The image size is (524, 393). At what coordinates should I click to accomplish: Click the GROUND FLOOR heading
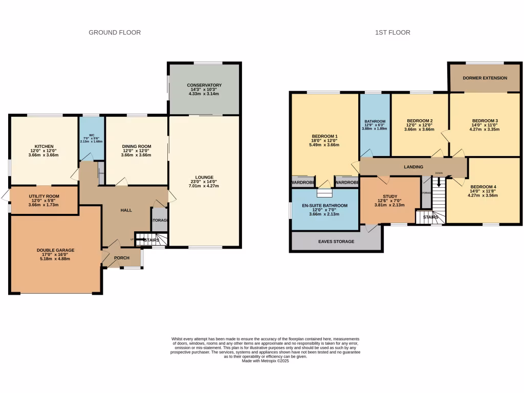tap(115, 33)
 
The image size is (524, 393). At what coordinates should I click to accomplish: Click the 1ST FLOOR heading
tap(392, 33)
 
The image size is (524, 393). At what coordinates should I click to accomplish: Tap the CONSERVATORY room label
tap(204, 85)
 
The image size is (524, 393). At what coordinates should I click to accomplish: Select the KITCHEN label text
tap(41, 147)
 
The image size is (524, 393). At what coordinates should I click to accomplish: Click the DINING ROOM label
tap(136, 147)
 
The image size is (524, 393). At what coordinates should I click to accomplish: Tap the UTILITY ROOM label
tap(43, 196)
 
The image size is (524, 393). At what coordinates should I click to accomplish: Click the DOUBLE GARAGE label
tap(55, 250)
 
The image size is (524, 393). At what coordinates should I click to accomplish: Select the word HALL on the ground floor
tap(126, 210)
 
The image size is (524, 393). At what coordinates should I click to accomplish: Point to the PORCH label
tap(122, 258)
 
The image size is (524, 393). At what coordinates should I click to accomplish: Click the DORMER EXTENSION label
tap(485, 78)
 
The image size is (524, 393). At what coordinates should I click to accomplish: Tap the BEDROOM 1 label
tap(324, 136)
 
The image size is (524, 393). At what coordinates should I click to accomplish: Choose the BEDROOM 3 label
tap(485, 121)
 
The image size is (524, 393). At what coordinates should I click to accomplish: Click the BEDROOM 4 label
tap(483, 187)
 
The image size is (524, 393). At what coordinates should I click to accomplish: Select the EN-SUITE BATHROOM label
tap(324, 206)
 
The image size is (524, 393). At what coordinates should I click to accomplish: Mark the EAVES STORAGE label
tap(336, 242)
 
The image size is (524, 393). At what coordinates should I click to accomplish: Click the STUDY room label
tap(390, 196)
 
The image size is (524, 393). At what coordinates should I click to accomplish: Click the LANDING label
tap(413, 167)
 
